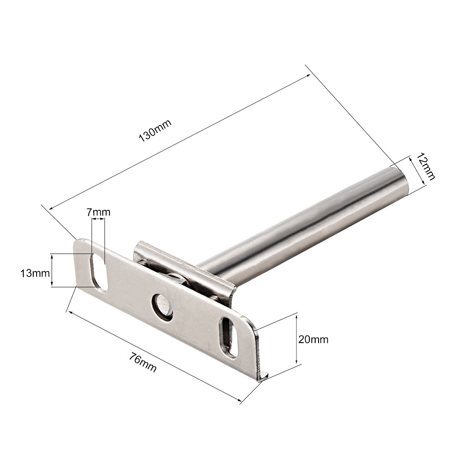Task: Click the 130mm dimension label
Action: pyautogui.click(x=154, y=131)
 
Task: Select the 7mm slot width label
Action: pyautogui.click(x=98, y=212)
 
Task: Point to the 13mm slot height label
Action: pyautogui.click(x=35, y=274)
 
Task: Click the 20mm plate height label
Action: pyautogui.click(x=313, y=339)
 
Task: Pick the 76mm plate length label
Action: pyautogui.click(x=143, y=363)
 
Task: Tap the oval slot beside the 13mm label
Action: pyautogui.click(x=98, y=273)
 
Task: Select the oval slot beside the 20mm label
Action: pyautogui.click(x=229, y=337)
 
